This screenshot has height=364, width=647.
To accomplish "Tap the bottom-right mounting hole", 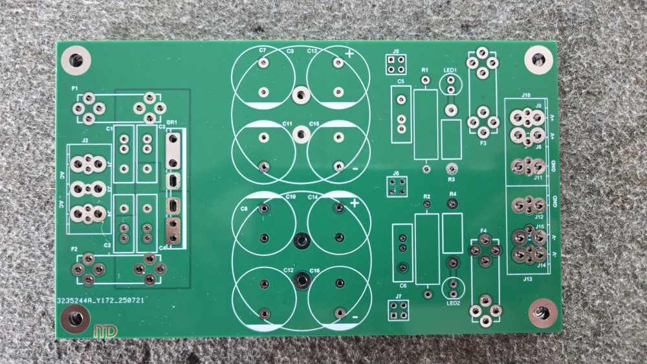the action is coord(542,313).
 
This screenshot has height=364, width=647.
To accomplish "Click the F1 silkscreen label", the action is coord(74,87).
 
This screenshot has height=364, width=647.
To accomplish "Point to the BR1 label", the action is coord(171,122).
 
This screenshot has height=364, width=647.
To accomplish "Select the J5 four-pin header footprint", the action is coord(396,64).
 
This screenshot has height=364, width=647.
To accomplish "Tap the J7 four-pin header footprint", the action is coord(397,310).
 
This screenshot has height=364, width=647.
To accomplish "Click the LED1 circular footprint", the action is coord(450,84).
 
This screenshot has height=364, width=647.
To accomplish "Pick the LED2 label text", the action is coord(453,303).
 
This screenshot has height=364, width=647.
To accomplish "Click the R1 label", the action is coord(425,69).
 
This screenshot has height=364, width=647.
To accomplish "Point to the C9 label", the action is coord(290,51).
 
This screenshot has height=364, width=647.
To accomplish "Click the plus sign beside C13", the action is coord(349,53).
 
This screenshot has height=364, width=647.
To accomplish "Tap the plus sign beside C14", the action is coord(354,203).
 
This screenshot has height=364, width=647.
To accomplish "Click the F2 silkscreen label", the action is coord(74,249).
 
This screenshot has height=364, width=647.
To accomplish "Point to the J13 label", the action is coord(527,279).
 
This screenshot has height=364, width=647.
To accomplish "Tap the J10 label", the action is coord(526,95).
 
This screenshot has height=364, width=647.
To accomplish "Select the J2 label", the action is coord(85,140).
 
